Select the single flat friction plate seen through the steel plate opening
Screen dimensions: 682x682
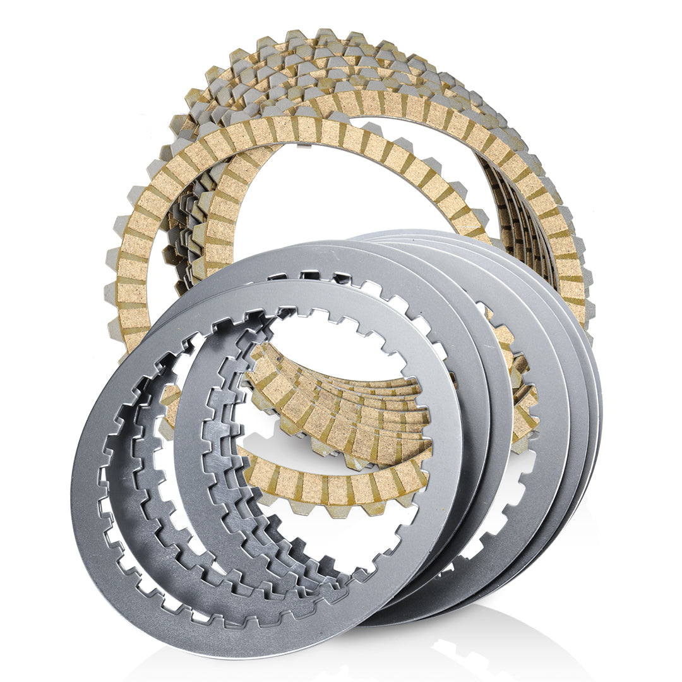click(335, 486)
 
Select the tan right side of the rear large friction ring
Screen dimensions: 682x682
click(568, 265)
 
